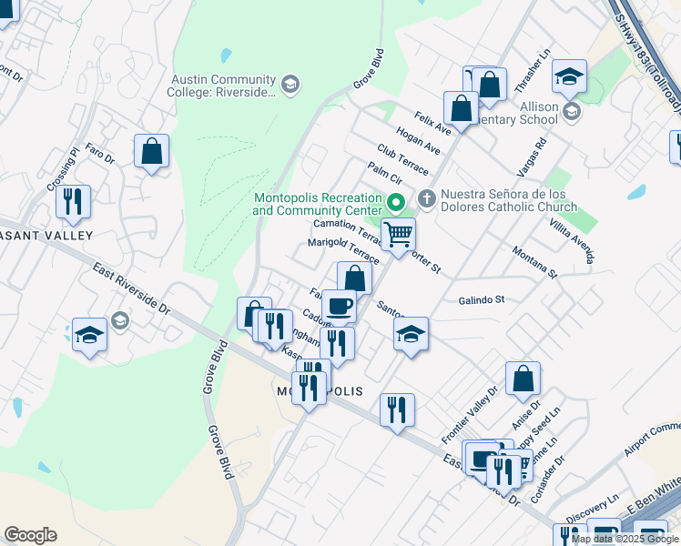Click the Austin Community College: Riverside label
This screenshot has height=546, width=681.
point(222,86)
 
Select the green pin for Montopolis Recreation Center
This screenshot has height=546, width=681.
point(395,202)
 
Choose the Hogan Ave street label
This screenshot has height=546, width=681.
point(418,140)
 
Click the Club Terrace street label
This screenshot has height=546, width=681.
point(402,159)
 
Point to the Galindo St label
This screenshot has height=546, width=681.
point(482,299)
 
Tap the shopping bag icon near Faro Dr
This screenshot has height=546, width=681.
point(151,151)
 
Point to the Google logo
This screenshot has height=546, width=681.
point(30,535)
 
